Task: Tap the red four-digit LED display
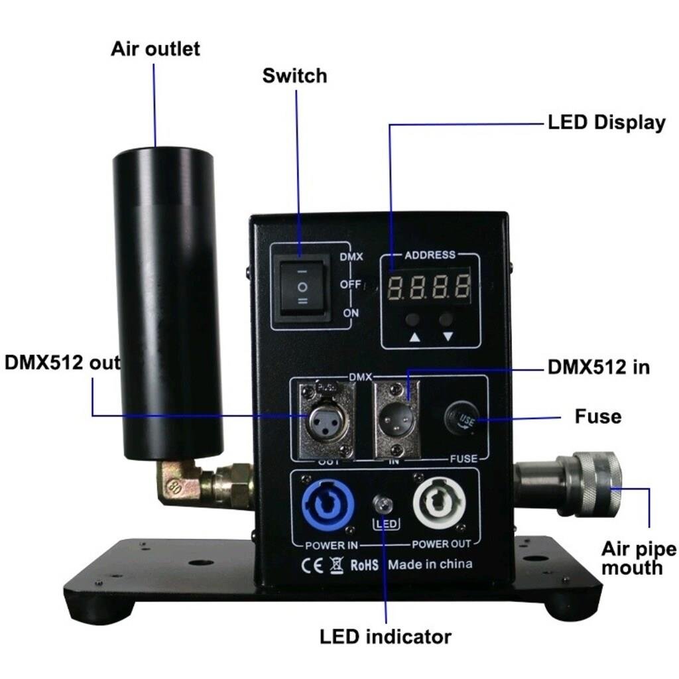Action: (429, 288)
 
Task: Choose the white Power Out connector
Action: (438, 505)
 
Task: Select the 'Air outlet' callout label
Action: (155, 48)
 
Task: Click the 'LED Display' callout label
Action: (606, 123)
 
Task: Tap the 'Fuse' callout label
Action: (597, 417)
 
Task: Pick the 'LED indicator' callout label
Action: (385, 637)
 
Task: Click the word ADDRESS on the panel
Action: (430, 255)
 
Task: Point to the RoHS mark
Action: (364, 565)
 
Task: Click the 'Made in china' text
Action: (430, 564)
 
